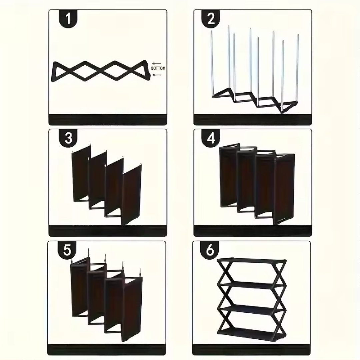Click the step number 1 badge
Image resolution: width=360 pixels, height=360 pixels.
pos(68,18)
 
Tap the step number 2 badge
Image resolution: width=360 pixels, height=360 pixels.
pos(211,18)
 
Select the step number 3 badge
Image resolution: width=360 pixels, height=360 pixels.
pos(68,138)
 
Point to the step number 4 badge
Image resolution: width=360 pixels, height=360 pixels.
pos(211,138)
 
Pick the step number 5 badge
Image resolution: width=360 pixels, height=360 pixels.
pos(67,250)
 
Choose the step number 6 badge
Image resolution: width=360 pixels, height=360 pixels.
pos(209,250)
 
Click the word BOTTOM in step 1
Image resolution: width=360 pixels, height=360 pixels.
pos(158,68)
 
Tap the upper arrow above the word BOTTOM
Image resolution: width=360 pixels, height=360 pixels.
pos(157,63)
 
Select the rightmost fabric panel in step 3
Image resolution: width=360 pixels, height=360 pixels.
pos(131,195)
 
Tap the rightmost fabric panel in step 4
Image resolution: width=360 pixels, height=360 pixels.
pos(284,189)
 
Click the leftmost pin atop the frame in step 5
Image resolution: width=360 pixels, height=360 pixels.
pos(72,261)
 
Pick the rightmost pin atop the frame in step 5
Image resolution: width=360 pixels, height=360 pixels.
pos(140,273)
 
